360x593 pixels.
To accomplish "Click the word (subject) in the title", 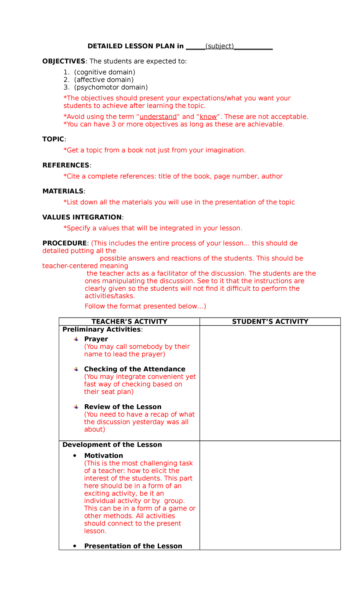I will pyautogui.click(x=219, y=46).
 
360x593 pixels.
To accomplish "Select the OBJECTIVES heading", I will pyautogui.click(x=64, y=62).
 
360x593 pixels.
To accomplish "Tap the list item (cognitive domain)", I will pyautogui.click(x=105, y=72).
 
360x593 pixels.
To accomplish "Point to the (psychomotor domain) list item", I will pyautogui.click(x=111, y=87).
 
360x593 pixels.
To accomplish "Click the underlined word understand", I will pyautogui.click(x=158, y=117).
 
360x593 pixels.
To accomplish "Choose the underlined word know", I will pyautogui.click(x=208, y=117).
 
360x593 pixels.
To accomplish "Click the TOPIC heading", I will pyautogui.click(x=53, y=139).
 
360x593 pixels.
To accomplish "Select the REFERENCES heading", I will pyautogui.click(x=66, y=165).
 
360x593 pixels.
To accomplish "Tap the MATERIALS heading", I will pyautogui.click(x=63, y=191).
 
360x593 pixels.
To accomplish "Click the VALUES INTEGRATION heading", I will pyautogui.click(x=82, y=217).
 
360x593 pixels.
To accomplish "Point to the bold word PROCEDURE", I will pyautogui.click(x=64, y=243).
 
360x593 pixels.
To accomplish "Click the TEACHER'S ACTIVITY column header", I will pyautogui.click(x=129, y=322).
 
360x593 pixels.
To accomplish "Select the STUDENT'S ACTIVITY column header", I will pyautogui.click(x=270, y=322).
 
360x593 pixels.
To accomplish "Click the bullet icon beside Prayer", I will pyautogui.click(x=76, y=339).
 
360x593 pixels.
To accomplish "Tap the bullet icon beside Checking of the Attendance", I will pyautogui.click(x=76, y=369).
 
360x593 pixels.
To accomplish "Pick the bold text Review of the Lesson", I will pyautogui.click(x=123, y=407).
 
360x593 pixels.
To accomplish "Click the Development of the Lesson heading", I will pyautogui.click(x=112, y=445).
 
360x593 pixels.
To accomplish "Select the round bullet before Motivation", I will pyautogui.click(x=75, y=456).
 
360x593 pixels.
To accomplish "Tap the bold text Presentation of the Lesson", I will pyautogui.click(x=133, y=546).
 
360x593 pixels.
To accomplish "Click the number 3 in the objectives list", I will pyautogui.click(x=66, y=87).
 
